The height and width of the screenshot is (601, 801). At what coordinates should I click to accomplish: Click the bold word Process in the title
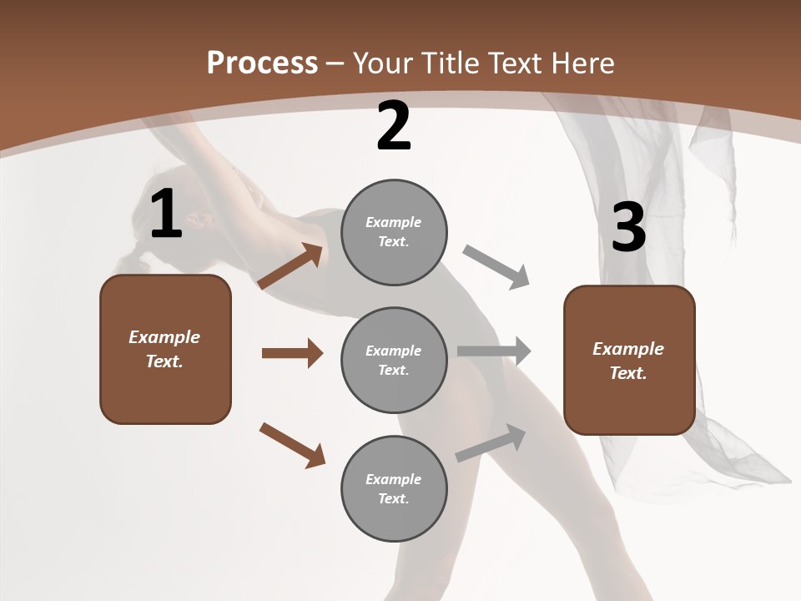(262, 63)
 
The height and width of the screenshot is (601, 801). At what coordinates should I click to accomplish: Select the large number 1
(166, 215)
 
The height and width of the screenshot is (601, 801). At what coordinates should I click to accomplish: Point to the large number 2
(394, 126)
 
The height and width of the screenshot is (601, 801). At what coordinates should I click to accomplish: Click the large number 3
(628, 228)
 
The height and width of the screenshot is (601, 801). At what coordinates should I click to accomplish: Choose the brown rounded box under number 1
(165, 349)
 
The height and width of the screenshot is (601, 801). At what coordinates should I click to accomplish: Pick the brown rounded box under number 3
(629, 360)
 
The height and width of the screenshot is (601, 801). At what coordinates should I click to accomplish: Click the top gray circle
(394, 232)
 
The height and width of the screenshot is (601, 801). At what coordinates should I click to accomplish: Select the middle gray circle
(394, 360)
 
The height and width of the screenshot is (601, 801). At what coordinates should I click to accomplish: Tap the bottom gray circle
(394, 488)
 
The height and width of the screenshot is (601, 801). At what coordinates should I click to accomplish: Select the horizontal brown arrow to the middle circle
(292, 353)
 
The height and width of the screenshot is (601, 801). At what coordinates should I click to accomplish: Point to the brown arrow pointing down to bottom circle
(292, 445)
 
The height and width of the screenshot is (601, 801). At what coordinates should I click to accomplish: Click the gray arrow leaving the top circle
(496, 267)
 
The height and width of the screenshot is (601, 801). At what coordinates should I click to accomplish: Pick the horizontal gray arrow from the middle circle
(494, 351)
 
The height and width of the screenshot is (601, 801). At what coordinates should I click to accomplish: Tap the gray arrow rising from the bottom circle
(491, 443)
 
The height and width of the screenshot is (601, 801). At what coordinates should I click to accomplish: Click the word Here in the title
(582, 63)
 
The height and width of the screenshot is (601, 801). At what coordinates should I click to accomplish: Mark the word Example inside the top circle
(394, 222)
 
